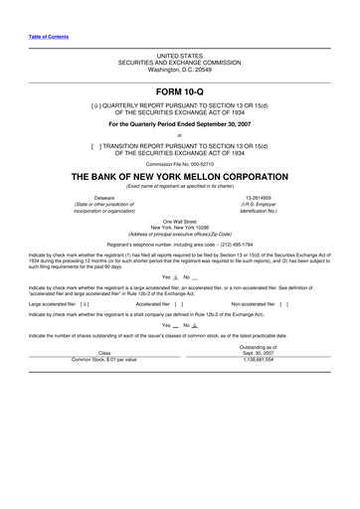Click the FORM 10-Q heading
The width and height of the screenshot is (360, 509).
pyautogui.click(x=179, y=89)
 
